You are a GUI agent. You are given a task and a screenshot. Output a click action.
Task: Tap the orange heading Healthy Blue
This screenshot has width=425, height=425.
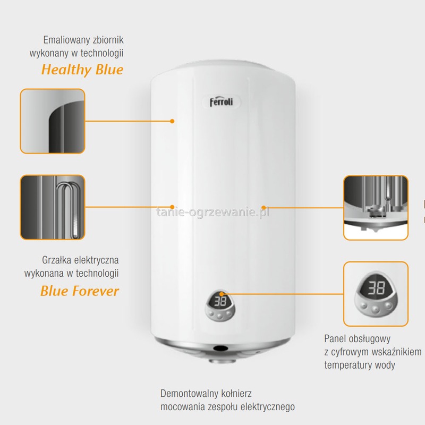pos(82,70)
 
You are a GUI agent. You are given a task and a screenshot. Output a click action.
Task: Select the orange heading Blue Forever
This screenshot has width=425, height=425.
pos(80,291)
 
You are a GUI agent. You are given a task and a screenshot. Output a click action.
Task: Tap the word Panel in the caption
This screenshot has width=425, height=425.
pos(335,338)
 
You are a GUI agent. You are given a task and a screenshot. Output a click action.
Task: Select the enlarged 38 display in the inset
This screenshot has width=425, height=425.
pos(376,288)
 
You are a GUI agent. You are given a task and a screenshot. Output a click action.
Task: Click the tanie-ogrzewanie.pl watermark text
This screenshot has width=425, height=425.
pos(213,212)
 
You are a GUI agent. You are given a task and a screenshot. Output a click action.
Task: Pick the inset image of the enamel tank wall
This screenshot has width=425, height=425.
pos(53,122)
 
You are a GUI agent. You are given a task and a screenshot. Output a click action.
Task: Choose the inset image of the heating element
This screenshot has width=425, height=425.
pos(53,208)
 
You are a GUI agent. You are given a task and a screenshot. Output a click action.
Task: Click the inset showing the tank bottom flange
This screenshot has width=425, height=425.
pos(376,208)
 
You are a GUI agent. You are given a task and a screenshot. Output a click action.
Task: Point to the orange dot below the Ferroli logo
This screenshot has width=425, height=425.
pos(172,121)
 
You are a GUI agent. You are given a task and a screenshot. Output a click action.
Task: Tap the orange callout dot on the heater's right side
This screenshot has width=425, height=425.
pos(263,207)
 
